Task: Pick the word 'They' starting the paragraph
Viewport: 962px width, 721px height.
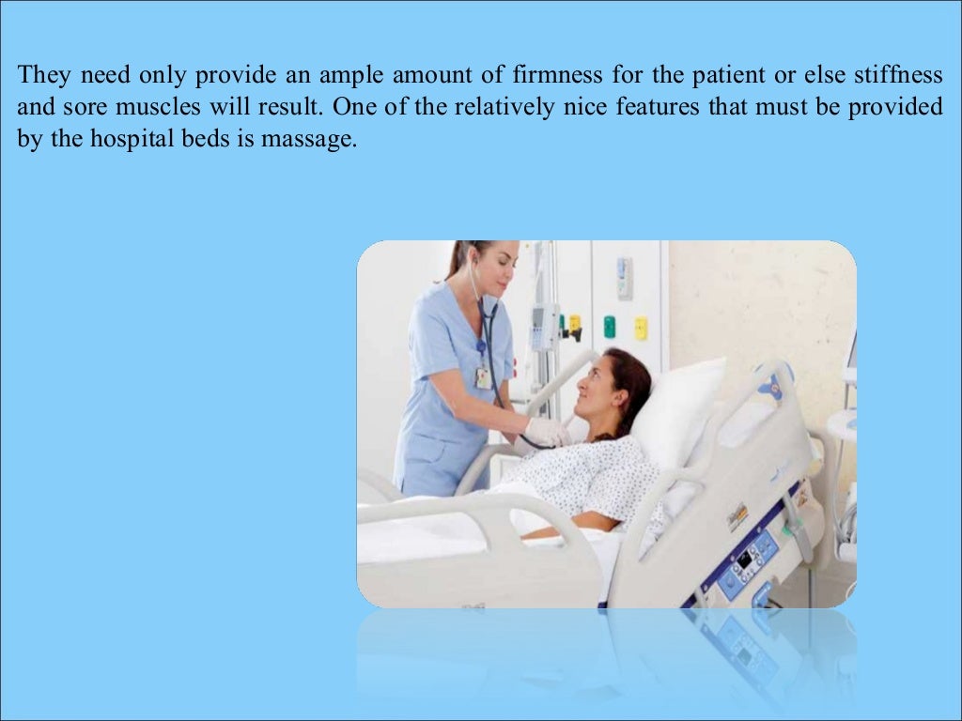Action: click(x=44, y=74)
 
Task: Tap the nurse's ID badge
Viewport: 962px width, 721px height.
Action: click(x=483, y=376)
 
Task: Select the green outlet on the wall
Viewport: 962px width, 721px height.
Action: click(x=609, y=326)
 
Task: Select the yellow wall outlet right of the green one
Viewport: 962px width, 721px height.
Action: click(x=640, y=328)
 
